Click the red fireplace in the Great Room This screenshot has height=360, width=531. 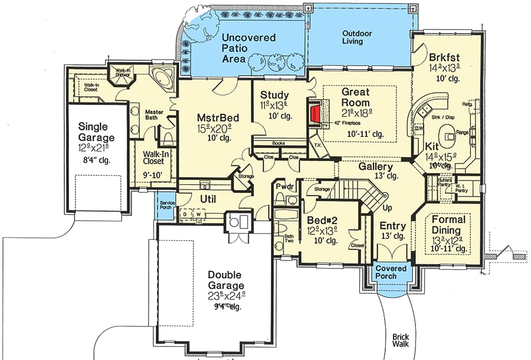(317, 113)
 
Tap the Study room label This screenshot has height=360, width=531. (274, 95)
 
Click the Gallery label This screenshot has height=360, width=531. (375, 166)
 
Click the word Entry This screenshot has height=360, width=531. (392, 226)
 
